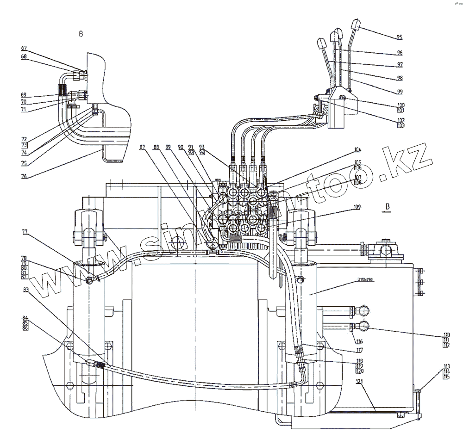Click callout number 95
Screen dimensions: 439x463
tap(400, 37)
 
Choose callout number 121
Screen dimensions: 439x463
tap(360, 381)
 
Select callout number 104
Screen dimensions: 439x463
tap(357, 150)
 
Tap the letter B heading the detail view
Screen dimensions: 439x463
tap(81, 34)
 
